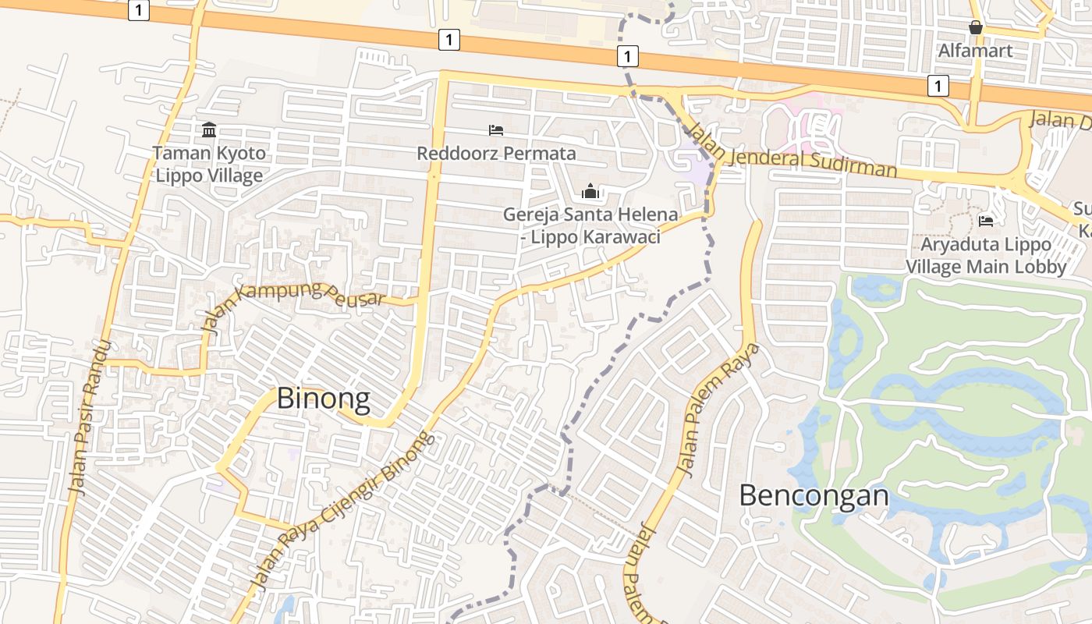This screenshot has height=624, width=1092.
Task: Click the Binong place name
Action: [324, 399]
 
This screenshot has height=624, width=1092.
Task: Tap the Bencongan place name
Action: [814, 495]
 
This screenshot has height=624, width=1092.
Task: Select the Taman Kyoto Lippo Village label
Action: [209, 164]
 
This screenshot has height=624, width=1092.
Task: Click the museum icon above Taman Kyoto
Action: [209, 129]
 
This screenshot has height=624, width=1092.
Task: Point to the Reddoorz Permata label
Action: [496, 153]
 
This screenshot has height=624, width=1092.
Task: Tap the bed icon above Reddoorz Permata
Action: [496, 129]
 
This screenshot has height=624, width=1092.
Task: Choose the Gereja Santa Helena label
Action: [590, 225]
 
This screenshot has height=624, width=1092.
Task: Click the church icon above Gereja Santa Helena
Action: [590, 191]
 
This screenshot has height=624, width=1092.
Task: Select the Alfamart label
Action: [975, 51]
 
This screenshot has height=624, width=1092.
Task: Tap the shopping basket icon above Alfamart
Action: [975, 27]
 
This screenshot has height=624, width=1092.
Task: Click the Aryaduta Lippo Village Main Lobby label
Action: [986, 255]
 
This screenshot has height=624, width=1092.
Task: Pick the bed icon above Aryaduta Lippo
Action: [986, 221]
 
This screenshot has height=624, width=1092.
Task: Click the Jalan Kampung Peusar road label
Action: [293, 303]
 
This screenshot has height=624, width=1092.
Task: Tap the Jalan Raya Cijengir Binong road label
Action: [341, 512]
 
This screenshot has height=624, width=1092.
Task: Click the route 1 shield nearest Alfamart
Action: [938, 86]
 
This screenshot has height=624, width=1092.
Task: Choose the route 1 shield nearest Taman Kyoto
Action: [139, 11]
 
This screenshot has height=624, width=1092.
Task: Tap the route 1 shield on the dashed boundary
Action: [627, 56]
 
